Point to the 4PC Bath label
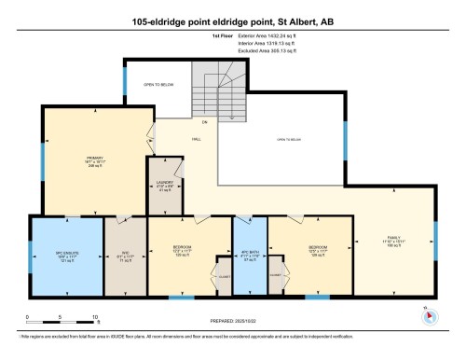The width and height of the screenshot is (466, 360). point(249,254)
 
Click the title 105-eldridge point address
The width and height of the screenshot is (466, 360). point(232,21)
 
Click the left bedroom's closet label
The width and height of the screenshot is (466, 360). point(224,277)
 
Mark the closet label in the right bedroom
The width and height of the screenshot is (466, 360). point(277,277)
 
